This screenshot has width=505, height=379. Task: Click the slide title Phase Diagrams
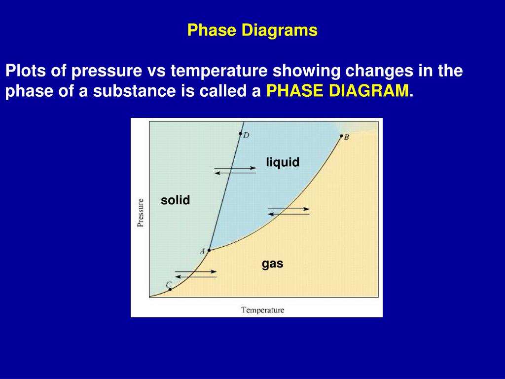252,31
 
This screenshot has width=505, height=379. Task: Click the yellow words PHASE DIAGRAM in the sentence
337,91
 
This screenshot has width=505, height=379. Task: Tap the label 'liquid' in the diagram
283,162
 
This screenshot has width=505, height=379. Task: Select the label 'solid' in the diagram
175,200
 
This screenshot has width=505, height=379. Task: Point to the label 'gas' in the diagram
272,264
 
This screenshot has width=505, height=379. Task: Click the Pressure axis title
141,212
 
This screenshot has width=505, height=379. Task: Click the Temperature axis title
262,310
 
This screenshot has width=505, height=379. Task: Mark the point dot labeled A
209,250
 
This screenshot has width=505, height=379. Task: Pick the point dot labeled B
341,136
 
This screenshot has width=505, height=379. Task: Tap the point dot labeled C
170,289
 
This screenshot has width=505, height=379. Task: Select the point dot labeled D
240,134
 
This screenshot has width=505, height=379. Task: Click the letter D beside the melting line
246,136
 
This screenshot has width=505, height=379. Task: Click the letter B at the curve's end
346,138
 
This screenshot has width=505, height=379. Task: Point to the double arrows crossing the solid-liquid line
235,171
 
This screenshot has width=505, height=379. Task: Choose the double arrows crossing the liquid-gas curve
289,211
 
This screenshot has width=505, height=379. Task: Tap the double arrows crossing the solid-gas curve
196,274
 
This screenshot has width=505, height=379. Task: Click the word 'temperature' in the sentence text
218,71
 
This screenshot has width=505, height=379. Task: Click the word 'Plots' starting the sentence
23,71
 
